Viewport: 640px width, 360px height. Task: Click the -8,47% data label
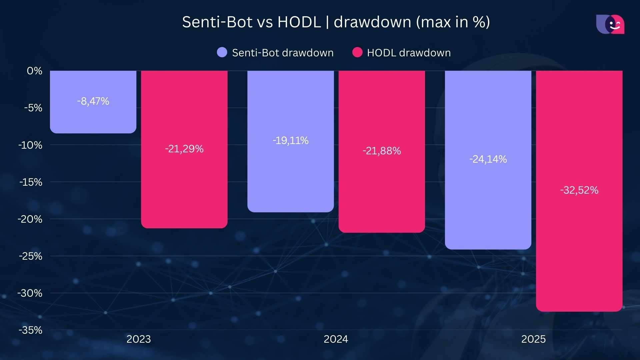pyautogui.click(x=93, y=101)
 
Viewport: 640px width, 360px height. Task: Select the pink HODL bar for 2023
pyautogui.click(x=184, y=187)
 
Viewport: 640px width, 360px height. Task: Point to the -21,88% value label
pyautogui.click(x=382, y=151)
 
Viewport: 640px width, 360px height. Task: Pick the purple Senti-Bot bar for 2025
pyautogui.click(x=488, y=207)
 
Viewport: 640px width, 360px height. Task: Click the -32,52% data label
pyautogui.click(x=579, y=190)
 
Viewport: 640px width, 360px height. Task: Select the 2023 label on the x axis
pyautogui.click(x=139, y=339)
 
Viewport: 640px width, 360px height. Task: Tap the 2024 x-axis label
pyautogui.click(x=336, y=339)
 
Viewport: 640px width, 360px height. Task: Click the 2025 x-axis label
pyautogui.click(x=533, y=339)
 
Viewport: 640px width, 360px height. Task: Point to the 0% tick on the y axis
pyautogui.click(x=34, y=71)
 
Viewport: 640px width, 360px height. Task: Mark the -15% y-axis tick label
pyautogui.click(x=31, y=182)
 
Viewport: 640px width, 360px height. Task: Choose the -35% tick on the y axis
pyautogui.click(x=30, y=330)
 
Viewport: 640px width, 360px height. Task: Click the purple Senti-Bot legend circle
pyautogui.click(x=222, y=52)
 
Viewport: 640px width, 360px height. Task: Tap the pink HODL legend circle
pyautogui.click(x=357, y=52)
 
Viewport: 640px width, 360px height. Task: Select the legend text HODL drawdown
pyautogui.click(x=409, y=53)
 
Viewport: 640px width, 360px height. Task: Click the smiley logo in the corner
pyautogui.click(x=610, y=24)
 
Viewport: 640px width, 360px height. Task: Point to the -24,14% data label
pyautogui.click(x=488, y=159)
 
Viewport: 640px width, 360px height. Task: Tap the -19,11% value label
pyautogui.click(x=290, y=140)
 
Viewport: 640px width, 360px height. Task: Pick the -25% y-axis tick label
pyautogui.click(x=30, y=256)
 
